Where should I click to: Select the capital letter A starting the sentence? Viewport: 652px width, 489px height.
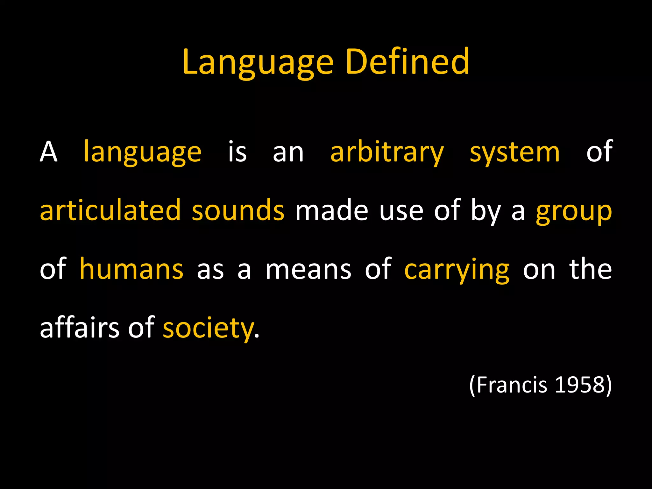coord(48,152)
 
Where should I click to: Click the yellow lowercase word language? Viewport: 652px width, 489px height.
coord(142,153)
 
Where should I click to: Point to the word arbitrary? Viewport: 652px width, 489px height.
coord(387,153)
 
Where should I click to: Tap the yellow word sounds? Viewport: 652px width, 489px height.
coord(238,210)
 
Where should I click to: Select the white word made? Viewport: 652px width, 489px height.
coord(331,210)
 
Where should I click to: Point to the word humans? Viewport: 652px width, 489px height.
coord(131,269)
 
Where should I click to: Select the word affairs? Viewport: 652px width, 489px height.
coord(79,328)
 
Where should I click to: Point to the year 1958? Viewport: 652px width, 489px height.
coord(579,385)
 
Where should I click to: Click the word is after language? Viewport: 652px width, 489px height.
coord(237,152)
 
